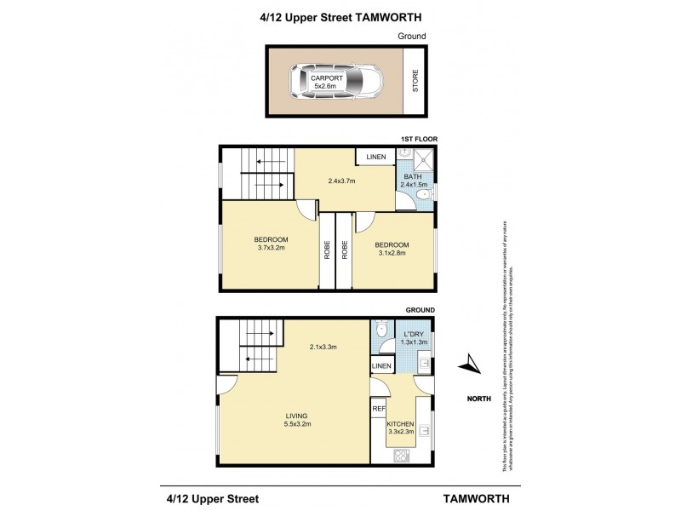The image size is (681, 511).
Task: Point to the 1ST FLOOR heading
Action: (x=419, y=140)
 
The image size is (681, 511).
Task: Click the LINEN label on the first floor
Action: (x=375, y=158)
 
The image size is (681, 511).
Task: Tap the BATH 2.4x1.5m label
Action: (x=414, y=181)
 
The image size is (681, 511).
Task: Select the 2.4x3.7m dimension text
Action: (x=340, y=181)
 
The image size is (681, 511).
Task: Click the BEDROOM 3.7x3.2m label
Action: (x=271, y=243)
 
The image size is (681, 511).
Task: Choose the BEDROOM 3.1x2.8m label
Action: (x=392, y=248)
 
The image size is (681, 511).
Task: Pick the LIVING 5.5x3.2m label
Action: (x=296, y=420)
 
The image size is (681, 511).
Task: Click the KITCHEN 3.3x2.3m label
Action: (x=399, y=428)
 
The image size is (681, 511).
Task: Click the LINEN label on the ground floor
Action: (x=381, y=365)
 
